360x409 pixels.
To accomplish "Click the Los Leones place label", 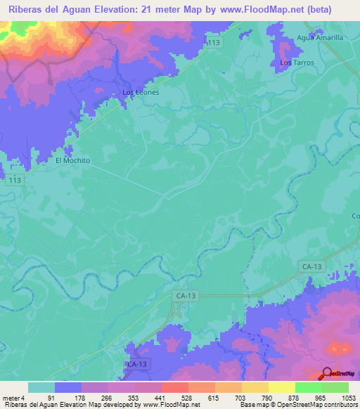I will pyautogui.click(x=141, y=92).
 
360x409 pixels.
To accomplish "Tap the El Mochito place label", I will pyautogui.click(x=73, y=160).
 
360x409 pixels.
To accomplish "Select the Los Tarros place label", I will pyautogui.click(x=297, y=63).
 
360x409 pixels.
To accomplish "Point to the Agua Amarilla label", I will pyautogui.click(x=320, y=38).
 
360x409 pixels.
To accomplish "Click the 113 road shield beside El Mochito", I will pyautogui.click(x=14, y=181).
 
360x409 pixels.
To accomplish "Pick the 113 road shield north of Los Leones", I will pyautogui.click(x=214, y=44).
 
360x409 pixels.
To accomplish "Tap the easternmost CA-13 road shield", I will pyautogui.click(x=311, y=266).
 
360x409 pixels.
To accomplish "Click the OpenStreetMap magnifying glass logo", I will pyautogui.click(x=327, y=374).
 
